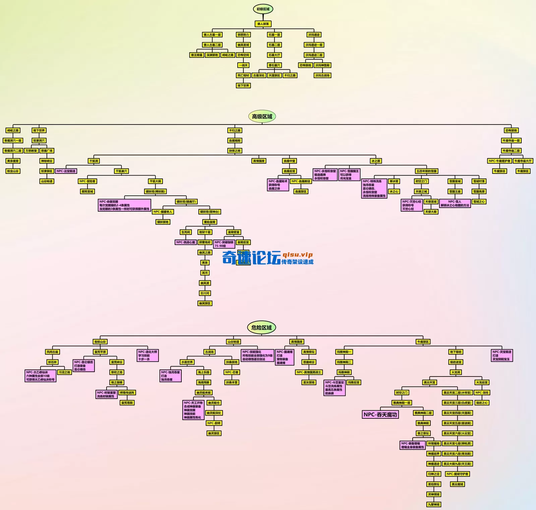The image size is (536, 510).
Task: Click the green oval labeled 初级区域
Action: [x=263, y=9]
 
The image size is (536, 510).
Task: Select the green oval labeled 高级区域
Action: [x=262, y=116]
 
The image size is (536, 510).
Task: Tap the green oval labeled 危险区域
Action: [x=261, y=327]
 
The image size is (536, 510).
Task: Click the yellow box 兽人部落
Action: [x=263, y=24]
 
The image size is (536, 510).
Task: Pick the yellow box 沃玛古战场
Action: [x=322, y=75]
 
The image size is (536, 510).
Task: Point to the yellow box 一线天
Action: [x=243, y=65]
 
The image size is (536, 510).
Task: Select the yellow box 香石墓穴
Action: [x=274, y=65]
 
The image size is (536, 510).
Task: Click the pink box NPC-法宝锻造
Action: [x=66, y=171]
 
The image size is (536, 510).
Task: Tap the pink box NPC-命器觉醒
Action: [x=124, y=205]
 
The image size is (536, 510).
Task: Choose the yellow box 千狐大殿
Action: [x=155, y=181]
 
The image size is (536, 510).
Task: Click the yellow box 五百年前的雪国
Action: [x=426, y=171]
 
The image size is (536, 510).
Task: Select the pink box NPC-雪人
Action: [x=455, y=203]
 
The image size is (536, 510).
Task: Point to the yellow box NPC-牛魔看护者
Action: [x=499, y=161]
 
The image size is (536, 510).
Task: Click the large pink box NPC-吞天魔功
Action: [x=380, y=415]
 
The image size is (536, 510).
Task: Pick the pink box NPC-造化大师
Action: [x=148, y=355]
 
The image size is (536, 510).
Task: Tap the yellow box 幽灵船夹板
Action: [x=204, y=393]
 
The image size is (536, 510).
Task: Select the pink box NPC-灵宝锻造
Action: [x=502, y=355]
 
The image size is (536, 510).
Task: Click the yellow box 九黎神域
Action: [x=434, y=504]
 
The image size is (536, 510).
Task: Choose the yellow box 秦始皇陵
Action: [x=210, y=222]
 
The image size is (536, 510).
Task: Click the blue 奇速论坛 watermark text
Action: [x=251, y=258]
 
